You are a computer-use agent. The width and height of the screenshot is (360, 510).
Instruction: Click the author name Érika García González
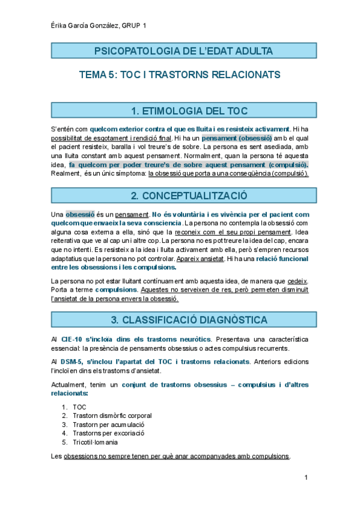[x=84, y=26]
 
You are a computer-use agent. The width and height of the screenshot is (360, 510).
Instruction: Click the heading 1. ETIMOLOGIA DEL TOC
[x=180, y=110]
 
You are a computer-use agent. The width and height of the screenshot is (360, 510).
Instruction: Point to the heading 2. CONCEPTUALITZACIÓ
[x=180, y=195]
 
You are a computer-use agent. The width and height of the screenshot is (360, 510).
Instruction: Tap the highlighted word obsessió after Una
[x=80, y=214]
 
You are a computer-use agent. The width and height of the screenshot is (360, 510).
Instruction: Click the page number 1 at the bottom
[x=307, y=478]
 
